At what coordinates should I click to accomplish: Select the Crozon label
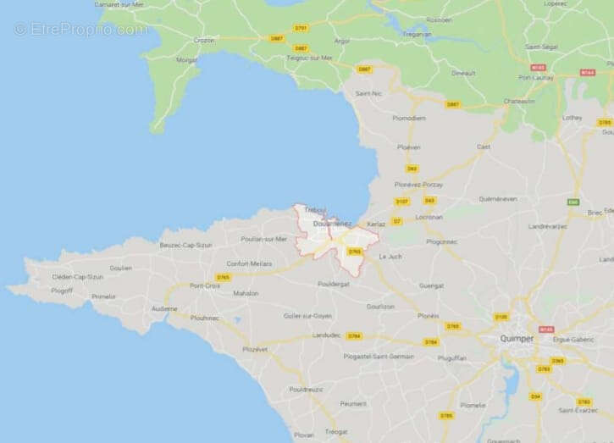click(204, 40)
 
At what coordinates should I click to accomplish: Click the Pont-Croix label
click(206, 285)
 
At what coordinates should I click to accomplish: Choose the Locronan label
click(430, 217)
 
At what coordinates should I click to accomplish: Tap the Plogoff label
click(62, 291)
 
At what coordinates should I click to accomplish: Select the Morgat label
click(186, 60)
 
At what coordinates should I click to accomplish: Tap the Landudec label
click(326, 335)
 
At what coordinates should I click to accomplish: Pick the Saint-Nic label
click(368, 92)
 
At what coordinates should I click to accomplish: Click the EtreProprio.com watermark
click(80, 29)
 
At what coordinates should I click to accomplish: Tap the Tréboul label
click(315, 209)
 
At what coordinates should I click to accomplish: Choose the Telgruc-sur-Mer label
click(307, 58)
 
